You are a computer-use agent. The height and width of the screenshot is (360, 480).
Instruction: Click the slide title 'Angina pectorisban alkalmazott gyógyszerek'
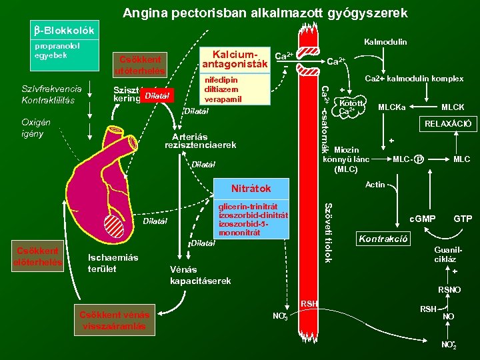click(265, 13)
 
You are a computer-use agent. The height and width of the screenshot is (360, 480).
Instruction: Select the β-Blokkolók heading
click(64, 31)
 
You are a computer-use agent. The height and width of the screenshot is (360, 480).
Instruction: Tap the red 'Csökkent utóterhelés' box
click(139, 64)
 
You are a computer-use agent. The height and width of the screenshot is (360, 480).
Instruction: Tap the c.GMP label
click(422, 219)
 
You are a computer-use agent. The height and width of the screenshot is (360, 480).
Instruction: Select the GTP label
click(463, 219)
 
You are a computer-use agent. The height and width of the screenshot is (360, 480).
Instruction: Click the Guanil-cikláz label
click(445, 254)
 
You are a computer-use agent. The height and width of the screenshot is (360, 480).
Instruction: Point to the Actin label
click(375, 185)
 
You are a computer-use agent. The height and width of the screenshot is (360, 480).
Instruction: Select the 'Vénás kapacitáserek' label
click(201, 275)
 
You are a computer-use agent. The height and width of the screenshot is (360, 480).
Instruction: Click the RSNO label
click(449, 290)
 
